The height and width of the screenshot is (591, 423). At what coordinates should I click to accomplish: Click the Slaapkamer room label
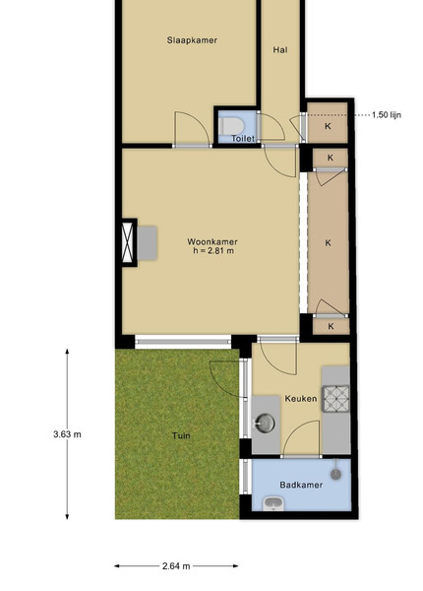[x=192, y=40]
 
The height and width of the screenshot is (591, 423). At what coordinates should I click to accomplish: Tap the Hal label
[x=280, y=50]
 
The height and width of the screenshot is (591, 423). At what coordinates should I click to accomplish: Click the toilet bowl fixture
[x=232, y=125]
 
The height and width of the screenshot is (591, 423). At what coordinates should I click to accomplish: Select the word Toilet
[x=243, y=138]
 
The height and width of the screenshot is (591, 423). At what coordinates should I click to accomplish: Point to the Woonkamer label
[x=212, y=241]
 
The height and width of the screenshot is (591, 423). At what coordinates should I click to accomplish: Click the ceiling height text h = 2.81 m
[x=213, y=250]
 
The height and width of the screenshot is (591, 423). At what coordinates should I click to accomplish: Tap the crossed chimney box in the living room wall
[x=128, y=242]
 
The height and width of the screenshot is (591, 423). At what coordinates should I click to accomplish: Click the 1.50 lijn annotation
[x=387, y=115]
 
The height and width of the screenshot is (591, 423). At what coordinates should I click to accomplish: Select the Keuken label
[x=301, y=398]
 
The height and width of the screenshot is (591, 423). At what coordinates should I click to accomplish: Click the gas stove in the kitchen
[x=336, y=399]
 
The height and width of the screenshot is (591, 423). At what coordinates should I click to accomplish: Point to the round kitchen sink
[x=266, y=423]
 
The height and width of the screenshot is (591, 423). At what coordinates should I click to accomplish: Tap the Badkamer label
[x=301, y=485]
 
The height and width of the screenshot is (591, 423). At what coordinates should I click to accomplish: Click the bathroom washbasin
[x=273, y=504]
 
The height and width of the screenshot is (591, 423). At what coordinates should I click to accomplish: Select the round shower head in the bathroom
[x=336, y=474]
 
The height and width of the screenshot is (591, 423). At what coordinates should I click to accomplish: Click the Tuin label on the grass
[x=181, y=435]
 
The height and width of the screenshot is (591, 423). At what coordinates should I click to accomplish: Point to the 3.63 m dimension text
[x=67, y=434]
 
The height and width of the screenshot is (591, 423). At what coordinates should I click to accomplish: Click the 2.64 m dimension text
[x=176, y=565]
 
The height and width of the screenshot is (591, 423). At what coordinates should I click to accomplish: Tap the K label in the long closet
[x=329, y=243]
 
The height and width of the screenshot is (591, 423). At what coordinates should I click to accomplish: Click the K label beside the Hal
[x=328, y=126]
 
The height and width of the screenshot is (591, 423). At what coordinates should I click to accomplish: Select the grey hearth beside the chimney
[x=147, y=243]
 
